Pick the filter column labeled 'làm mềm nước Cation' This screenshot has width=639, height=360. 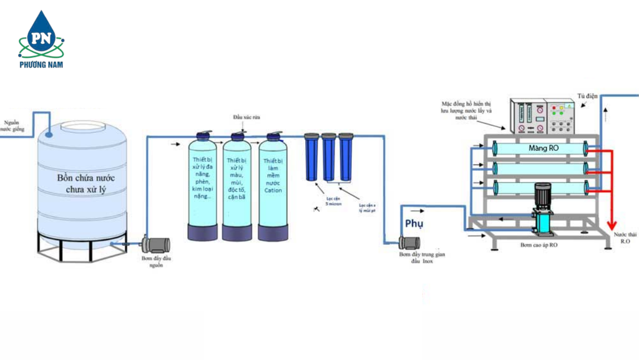tap(273, 187)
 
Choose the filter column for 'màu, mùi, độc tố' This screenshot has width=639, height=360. tap(237, 187)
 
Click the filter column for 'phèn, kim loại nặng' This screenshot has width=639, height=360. tap(203, 187)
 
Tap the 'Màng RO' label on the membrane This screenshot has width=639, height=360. tap(543, 148)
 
